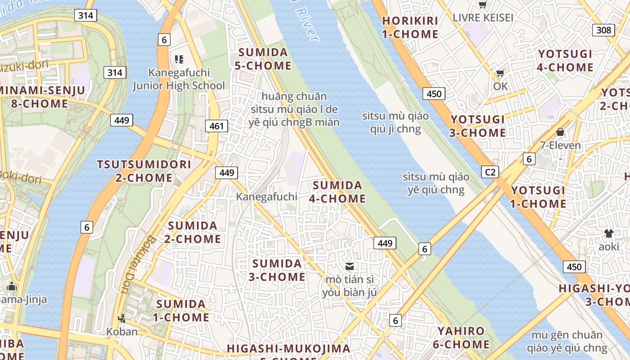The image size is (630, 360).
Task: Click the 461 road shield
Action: click(x=216, y=126)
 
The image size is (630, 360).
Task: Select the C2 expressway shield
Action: click(x=490, y=172)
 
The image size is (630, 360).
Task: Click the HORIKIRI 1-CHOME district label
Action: click(x=410, y=27)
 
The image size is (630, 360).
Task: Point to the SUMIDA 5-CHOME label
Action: click(x=263, y=59)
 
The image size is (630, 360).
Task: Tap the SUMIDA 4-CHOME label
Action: click(x=337, y=192)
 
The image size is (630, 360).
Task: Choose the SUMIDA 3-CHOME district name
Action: click(x=277, y=270)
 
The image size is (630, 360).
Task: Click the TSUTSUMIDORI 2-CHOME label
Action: click(x=144, y=171)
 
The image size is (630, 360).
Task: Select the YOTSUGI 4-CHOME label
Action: click(x=566, y=61)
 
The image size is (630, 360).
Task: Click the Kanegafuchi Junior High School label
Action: click(x=179, y=79)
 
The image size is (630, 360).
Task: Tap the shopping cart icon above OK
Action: click(x=500, y=73)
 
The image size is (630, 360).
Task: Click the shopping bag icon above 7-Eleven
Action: click(x=560, y=132)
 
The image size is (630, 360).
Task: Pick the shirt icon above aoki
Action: click(x=609, y=233)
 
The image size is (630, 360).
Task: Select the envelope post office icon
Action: click(x=350, y=266)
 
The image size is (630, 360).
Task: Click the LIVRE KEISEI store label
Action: click(x=483, y=18)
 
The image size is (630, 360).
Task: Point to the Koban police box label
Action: click(x=122, y=332)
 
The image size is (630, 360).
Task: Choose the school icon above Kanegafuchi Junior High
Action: click(x=179, y=59)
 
